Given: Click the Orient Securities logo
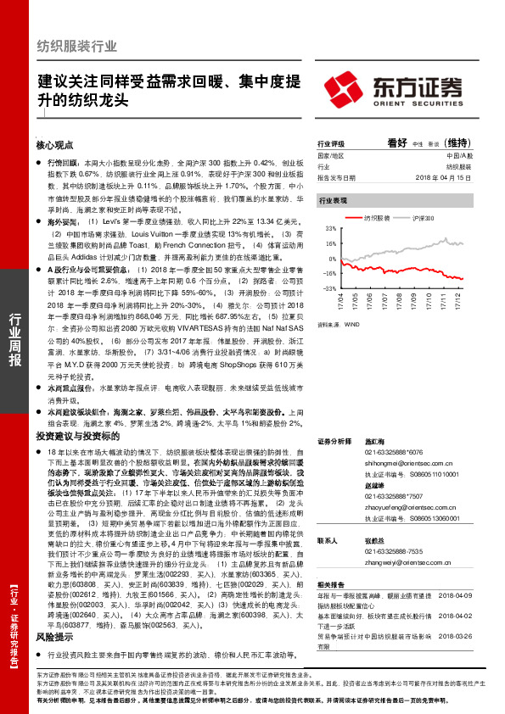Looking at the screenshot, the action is [x=408, y=89].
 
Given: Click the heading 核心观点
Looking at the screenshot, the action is [x=55, y=145].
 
